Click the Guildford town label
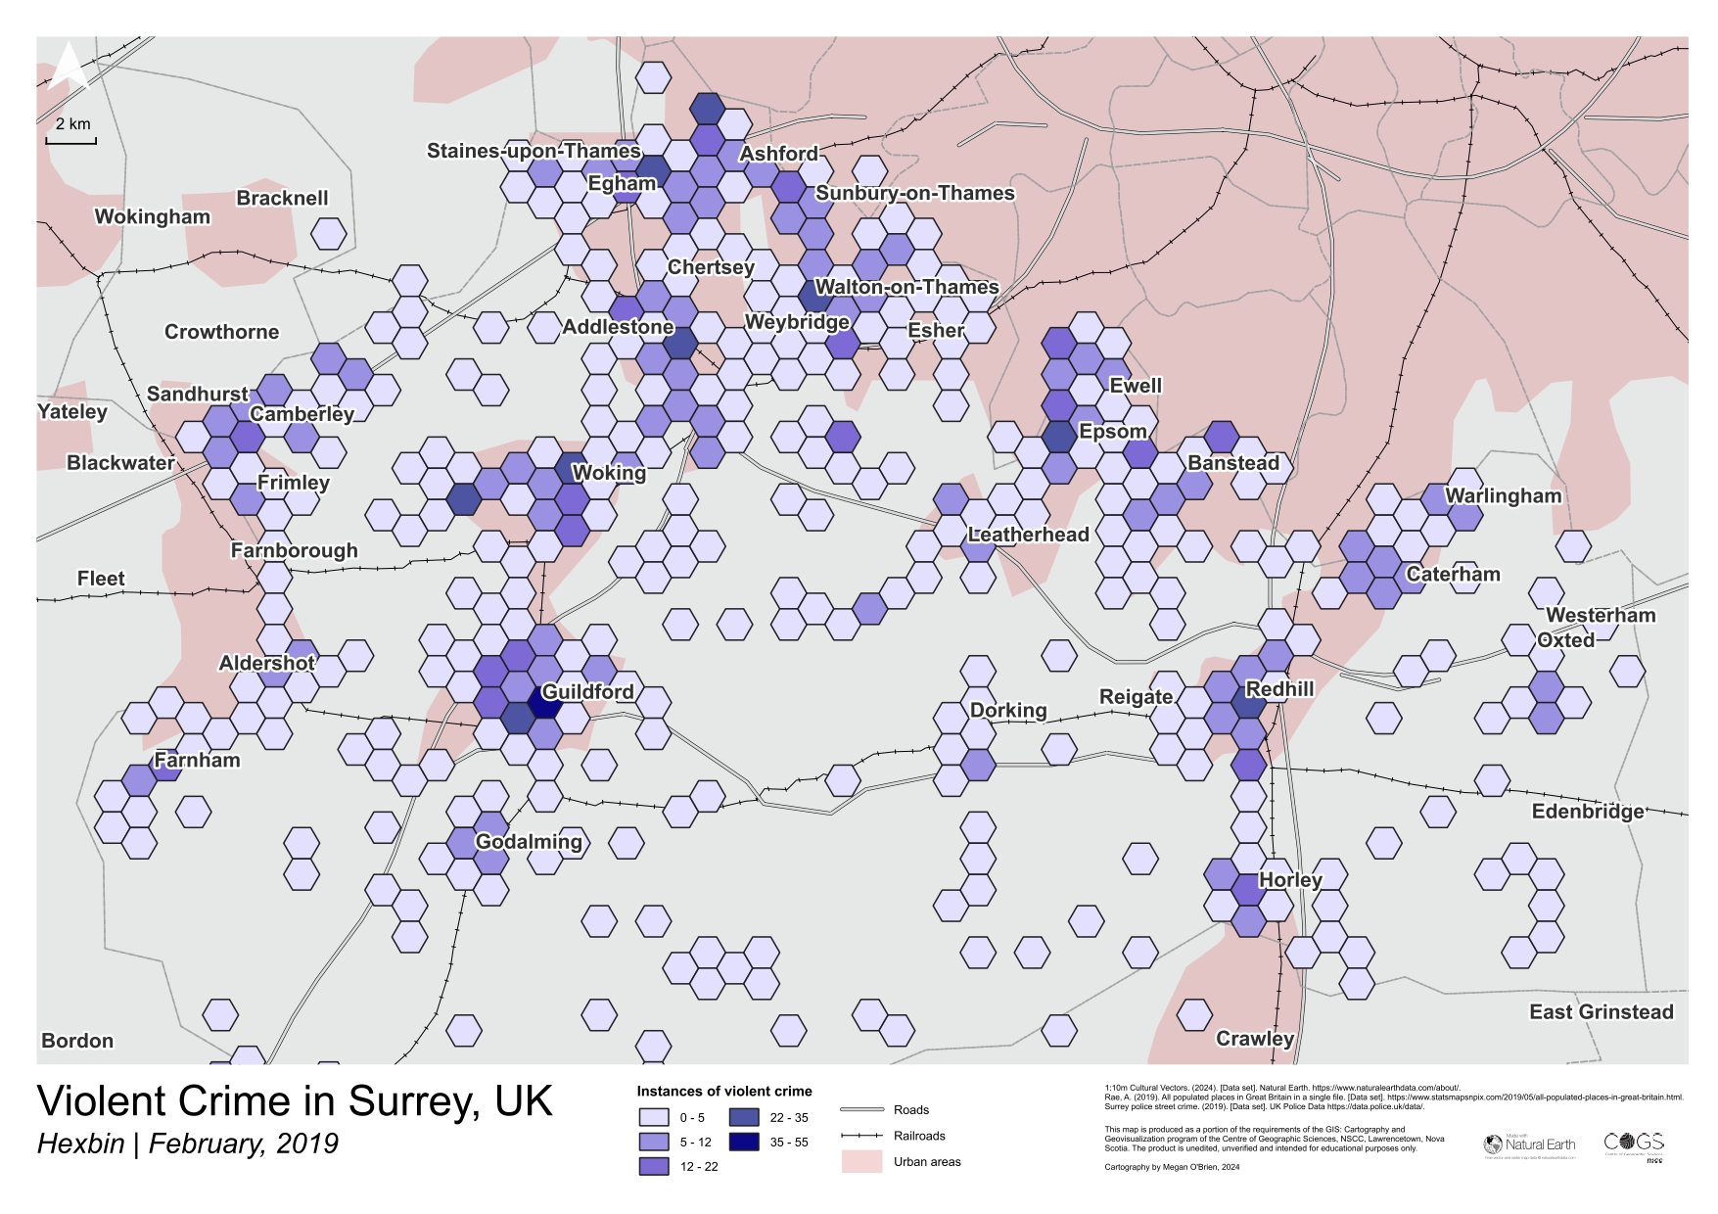587,692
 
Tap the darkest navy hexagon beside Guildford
544,702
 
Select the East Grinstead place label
1601,1012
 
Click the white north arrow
68,66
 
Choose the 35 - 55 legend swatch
744,1142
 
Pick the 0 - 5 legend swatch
654,1117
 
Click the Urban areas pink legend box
862,1162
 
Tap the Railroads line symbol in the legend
862,1136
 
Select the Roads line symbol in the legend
862,1110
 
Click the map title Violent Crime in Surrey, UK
295,1101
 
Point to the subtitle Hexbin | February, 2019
188,1144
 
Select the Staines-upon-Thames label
534,151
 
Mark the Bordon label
77,1041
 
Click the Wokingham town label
152,216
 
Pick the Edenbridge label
1587,812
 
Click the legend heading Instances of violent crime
723,1092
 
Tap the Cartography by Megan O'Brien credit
1172,1167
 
